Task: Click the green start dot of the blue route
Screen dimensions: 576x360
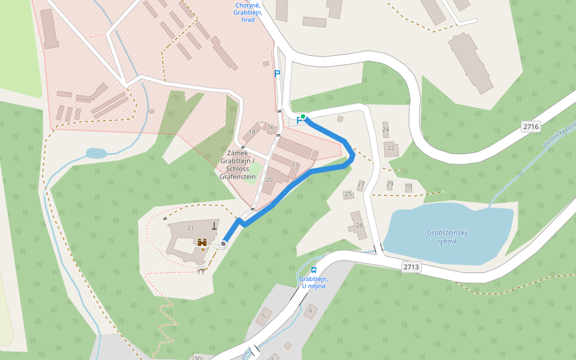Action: click(304, 116)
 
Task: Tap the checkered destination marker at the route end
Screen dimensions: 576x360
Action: click(223, 243)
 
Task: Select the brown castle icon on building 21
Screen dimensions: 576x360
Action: click(203, 242)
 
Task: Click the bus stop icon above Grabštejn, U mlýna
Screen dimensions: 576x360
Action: click(314, 270)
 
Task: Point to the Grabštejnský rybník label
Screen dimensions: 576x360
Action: click(447, 236)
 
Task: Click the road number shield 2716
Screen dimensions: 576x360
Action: click(531, 127)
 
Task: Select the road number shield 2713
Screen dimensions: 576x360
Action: click(411, 267)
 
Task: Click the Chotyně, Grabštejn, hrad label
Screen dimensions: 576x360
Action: click(248, 13)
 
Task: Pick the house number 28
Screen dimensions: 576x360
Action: click(359, 226)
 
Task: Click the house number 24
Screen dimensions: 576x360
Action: click(385, 130)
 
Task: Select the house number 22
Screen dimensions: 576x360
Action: click(391, 148)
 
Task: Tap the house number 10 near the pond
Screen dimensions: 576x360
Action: click(409, 187)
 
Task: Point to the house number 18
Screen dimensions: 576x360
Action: click(252, 132)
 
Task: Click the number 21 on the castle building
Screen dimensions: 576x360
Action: click(191, 228)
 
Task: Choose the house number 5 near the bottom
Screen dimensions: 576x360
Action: click(263, 316)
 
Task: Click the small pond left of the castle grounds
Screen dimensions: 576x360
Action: click(96, 153)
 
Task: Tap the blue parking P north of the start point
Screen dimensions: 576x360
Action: click(277, 74)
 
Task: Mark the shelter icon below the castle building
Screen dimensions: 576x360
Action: click(202, 271)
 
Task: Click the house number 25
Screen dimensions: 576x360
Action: click(348, 194)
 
